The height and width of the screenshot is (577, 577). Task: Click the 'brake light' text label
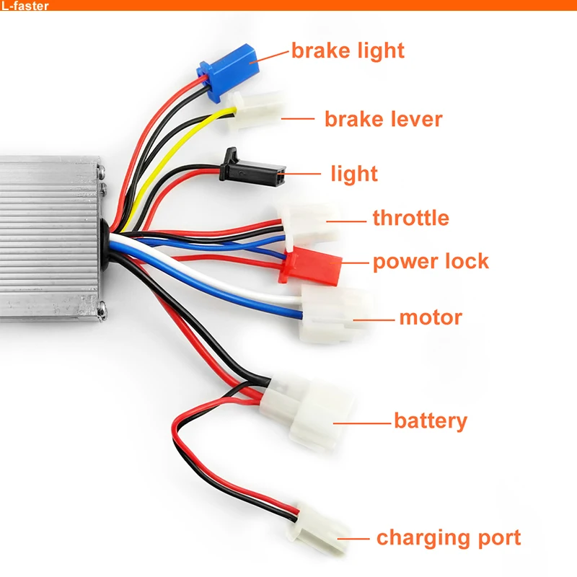[x=348, y=50]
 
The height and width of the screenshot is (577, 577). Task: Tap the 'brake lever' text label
[x=383, y=119]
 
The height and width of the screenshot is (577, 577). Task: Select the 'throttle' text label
[x=410, y=218]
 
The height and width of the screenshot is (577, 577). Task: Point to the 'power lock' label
[x=431, y=261]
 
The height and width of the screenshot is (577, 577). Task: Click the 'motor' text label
[x=431, y=317]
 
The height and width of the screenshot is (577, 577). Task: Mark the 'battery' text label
[x=430, y=420]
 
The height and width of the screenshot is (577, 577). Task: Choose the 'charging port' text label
[x=448, y=538]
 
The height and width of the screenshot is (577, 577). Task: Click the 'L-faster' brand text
[x=25, y=6]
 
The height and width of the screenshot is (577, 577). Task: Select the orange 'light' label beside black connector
[x=353, y=174]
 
